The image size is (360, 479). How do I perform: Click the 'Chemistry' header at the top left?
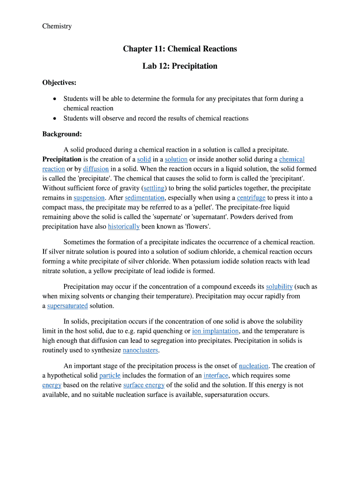[x=57, y=26]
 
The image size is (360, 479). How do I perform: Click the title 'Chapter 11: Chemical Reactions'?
[x=180, y=49]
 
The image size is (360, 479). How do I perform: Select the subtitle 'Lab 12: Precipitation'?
[x=180, y=66]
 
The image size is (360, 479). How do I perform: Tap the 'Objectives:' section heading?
[x=59, y=83]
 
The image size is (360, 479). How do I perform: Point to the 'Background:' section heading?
[x=62, y=134]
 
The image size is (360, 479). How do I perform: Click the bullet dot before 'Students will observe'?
[x=55, y=118]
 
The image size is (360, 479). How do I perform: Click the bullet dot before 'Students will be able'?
[x=55, y=99]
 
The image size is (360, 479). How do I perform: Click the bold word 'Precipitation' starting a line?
[x=62, y=160]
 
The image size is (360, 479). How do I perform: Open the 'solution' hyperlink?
[x=176, y=160]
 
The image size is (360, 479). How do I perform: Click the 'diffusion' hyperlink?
[x=96, y=169]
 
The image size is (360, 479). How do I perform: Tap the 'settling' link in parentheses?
[x=154, y=188]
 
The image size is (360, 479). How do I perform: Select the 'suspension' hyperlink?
[x=89, y=198]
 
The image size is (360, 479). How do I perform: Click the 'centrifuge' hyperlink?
[x=251, y=198]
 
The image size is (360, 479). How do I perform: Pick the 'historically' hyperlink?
[x=123, y=226]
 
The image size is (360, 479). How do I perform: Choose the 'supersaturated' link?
[x=67, y=306]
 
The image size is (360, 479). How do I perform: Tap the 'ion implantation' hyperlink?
[x=216, y=331]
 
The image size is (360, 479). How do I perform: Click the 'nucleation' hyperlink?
[x=253, y=366]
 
